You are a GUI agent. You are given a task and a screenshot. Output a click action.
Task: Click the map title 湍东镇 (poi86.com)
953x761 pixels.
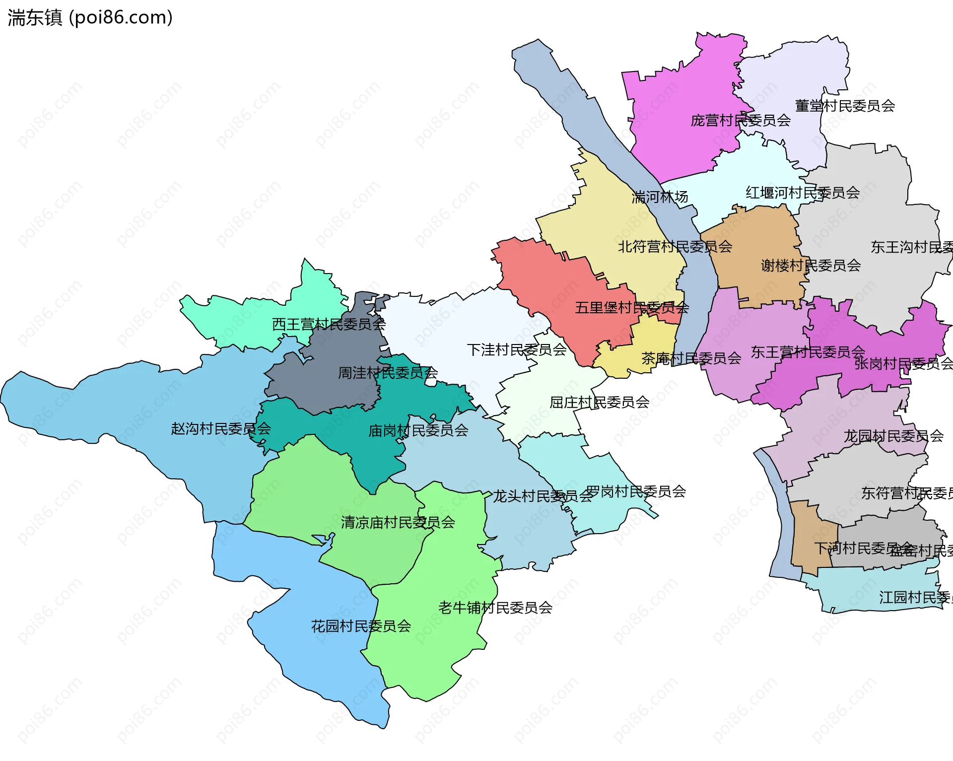click(90, 17)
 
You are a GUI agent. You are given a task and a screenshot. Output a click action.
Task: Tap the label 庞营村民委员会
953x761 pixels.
click(741, 121)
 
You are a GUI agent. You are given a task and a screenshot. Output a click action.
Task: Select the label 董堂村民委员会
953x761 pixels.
click(845, 106)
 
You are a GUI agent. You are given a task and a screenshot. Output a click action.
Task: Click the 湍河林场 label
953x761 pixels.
click(660, 198)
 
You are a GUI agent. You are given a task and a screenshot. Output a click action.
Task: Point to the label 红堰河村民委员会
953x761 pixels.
click(803, 193)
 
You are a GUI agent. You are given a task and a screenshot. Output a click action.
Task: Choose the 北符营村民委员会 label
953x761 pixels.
click(675, 247)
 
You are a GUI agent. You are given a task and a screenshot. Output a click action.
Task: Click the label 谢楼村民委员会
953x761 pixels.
click(811, 266)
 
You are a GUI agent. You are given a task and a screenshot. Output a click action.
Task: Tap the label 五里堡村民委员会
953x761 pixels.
click(632, 308)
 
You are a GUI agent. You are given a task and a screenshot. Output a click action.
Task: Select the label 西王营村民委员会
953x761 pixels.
click(329, 325)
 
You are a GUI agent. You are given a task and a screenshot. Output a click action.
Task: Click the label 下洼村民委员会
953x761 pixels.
click(517, 350)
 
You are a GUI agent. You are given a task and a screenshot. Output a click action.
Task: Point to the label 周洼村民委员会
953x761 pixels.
click(388, 373)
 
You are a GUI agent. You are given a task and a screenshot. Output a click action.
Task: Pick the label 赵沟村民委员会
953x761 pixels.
click(221, 428)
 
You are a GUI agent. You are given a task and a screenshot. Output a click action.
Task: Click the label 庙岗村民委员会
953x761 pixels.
click(418, 430)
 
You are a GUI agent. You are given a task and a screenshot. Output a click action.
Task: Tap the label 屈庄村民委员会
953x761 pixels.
click(599, 402)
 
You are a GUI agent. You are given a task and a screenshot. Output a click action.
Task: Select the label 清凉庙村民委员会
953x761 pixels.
click(398, 522)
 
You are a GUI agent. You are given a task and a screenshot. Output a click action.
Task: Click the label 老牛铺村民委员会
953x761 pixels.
click(495, 608)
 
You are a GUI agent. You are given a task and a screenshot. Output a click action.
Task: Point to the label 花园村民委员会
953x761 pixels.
click(361, 626)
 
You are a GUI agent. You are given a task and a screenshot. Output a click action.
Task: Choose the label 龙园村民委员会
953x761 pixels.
click(893, 436)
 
